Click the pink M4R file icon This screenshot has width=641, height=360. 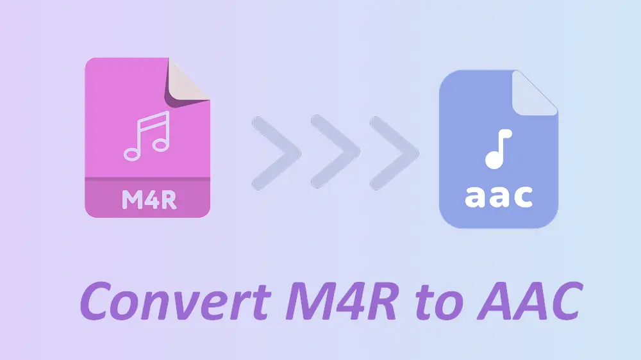pyautogui.click(x=147, y=137)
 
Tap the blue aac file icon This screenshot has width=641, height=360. pyautogui.click(x=498, y=149)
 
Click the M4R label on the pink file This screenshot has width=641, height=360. pyautogui.click(x=149, y=199)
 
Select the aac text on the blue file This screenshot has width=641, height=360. pyautogui.click(x=499, y=197)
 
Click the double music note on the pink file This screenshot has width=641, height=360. pyautogui.click(x=147, y=136)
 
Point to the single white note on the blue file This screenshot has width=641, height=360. pyautogui.click(x=498, y=149)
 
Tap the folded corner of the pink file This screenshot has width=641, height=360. pyautogui.click(x=187, y=84)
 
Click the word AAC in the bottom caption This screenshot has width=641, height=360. pyautogui.click(x=530, y=301)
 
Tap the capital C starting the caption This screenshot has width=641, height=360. pyautogui.click(x=96, y=301)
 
